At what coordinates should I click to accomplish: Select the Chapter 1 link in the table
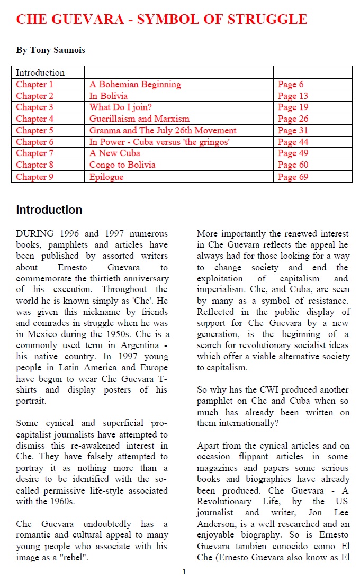click(x=34, y=85)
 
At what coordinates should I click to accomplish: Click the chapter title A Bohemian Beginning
click(x=135, y=85)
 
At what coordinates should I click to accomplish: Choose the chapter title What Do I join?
click(x=118, y=107)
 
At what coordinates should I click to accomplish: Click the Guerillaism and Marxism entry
click(x=139, y=119)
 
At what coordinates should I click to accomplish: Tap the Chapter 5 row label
click(x=34, y=131)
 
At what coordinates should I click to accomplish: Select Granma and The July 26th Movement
click(x=163, y=131)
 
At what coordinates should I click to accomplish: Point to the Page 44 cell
click(x=293, y=142)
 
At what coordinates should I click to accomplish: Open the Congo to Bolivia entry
click(x=122, y=165)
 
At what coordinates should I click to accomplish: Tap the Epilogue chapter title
click(x=106, y=177)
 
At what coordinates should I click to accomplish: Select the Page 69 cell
click(x=293, y=177)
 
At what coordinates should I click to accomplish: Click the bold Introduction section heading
click(x=49, y=210)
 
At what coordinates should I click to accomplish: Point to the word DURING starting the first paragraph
click(x=35, y=233)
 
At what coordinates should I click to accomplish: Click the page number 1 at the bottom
click(x=184, y=571)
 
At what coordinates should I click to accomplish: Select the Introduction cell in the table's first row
click(x=40, y=73)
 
